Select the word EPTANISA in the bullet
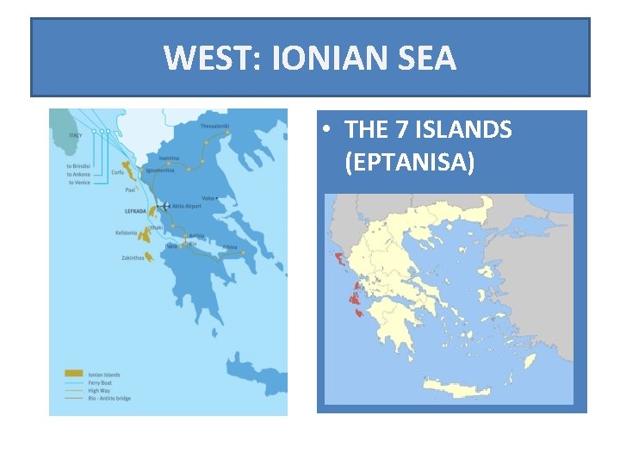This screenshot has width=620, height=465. [408, 161]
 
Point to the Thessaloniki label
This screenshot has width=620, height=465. [215, 126]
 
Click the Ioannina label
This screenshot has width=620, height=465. [170, 158]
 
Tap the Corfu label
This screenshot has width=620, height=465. [117, 172]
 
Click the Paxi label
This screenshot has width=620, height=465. [130, 189]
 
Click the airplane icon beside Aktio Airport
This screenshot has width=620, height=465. [164, 207]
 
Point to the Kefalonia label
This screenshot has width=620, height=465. [126, 232]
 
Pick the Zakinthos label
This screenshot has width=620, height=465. [133, 257]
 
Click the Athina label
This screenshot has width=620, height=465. [230, 246]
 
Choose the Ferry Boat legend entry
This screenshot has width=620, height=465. [100, 383]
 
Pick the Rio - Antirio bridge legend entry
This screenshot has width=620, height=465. [108, 399]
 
